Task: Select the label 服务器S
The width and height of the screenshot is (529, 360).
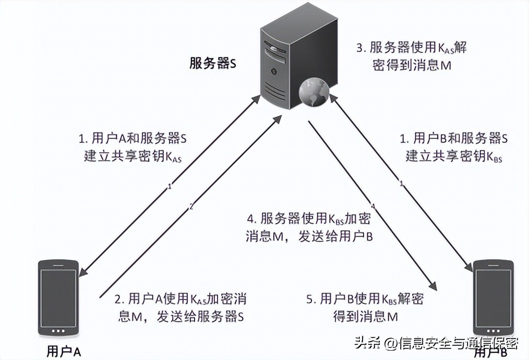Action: point(213,64)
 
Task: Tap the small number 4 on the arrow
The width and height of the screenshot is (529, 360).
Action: point(372,207)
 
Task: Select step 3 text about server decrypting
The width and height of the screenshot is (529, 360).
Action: point(411,56)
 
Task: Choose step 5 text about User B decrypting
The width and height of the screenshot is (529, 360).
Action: point(365,307)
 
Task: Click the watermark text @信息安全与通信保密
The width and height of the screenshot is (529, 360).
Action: point(452,343)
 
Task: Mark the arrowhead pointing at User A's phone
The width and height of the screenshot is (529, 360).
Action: point(84,270)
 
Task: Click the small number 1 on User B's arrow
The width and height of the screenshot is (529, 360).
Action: point(401,184)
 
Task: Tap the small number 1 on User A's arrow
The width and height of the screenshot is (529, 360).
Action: point(169,186)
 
